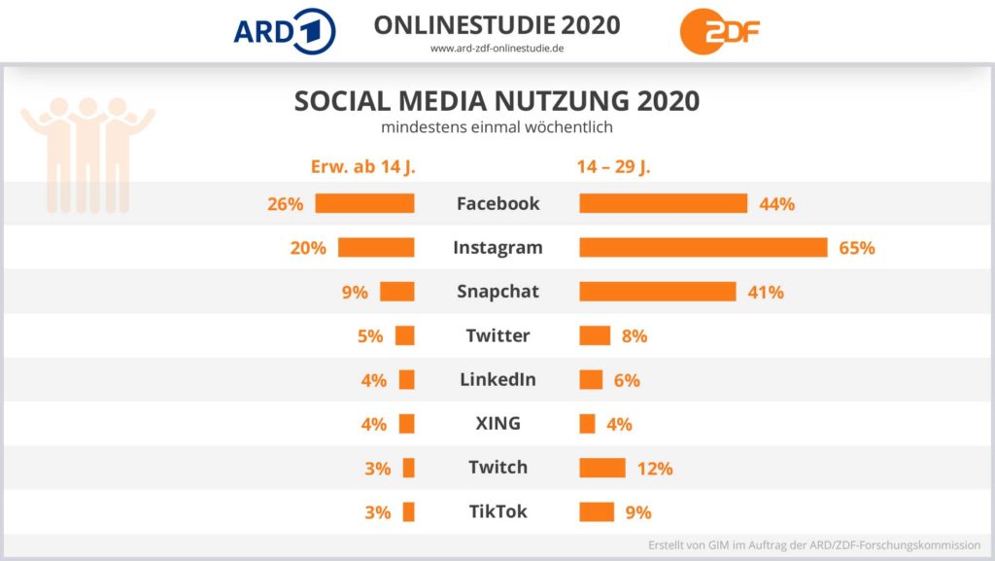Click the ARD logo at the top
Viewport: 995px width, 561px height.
(x=285, y=30)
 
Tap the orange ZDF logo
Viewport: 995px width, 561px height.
(x=720, y=30)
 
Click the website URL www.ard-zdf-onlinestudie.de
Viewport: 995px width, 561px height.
(x=497, y=49)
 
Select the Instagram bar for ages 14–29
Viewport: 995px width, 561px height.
(x=703, y=247)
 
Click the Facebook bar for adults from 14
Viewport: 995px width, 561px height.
(x=364, y=203)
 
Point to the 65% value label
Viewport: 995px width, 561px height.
(x=857, y=248)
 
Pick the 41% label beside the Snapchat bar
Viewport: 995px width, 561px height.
(x=766, y=292)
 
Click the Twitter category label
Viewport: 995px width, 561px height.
(x=497, y=335)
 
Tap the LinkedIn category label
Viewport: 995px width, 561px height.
(x=497, y=379)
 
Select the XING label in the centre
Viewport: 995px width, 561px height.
(x=497, y=423)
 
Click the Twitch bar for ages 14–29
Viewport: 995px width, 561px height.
(x=602, y=468)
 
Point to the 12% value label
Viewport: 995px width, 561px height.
(x=655, y=468)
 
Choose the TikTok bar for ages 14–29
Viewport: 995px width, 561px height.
(x=597, y=511)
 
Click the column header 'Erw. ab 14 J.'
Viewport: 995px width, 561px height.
(x=362, y=166)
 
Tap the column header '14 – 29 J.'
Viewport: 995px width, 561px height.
(x=613, y=166)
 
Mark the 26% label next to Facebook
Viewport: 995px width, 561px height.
(x=286, y=204)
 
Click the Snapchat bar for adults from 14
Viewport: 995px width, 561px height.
(x=397, y=292)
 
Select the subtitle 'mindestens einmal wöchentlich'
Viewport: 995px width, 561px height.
(x=497, y=126)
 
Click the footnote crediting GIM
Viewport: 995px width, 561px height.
(x=814, y=544)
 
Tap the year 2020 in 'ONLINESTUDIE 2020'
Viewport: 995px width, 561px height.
(x=582, y=24)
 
